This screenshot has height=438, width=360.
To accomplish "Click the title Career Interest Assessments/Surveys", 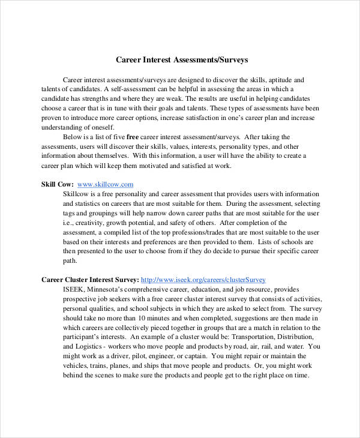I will pos(181,60).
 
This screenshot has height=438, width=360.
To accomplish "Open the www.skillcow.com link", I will pos(105,184).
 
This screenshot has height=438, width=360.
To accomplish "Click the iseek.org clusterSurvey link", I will pos(203,280).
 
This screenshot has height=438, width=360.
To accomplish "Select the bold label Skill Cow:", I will pos(57,184).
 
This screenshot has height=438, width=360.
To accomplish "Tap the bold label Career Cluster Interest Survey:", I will pos(90,280).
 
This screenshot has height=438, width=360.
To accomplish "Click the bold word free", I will pos(133,136).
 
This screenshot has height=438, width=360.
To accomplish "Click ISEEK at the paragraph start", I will pos(74,289).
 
